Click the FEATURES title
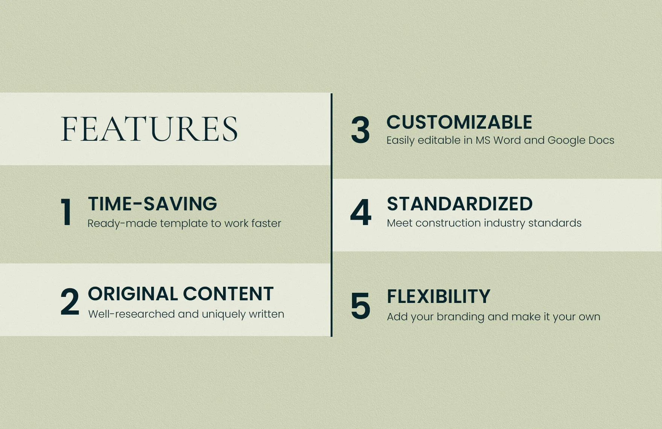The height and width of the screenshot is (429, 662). pos(149,129)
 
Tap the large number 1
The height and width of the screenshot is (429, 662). pos(67,212)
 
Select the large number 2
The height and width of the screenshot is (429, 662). pos(70,301)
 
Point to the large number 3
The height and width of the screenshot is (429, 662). pos(360,130)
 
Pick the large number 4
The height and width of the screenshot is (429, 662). pos(361,213)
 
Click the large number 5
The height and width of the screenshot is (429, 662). pos(360,306)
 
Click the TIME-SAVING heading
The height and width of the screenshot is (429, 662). pos(152,204)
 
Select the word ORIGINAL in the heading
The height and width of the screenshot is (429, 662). pos(133,294)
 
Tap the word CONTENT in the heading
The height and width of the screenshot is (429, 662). pos(228,294)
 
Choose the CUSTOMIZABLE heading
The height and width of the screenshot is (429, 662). pos(459,122)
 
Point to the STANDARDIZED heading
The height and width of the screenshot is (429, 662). pos(460,204)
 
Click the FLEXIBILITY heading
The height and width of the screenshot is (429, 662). pos(439,297)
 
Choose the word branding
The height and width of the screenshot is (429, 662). pos(460,317)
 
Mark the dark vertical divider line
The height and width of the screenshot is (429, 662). pos(331,215)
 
